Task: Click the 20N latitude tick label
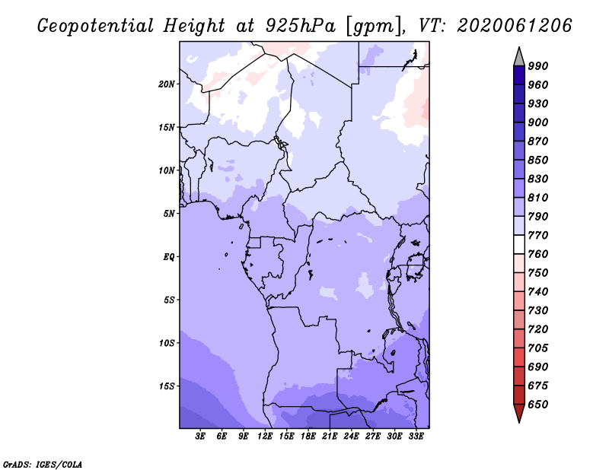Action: pyautogui.click(x=167, y=84)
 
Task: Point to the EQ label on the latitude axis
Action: pyautogui.click(x=169, y=257)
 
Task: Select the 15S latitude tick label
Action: pyautogui.click(x=167, y=386)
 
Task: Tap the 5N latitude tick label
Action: pyautogui.click(x=169, y=214)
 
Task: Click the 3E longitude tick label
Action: pyautogui.click(x=200, y=437)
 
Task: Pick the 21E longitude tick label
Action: pyautogui.click(x=330, y=437)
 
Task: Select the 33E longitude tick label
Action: pyautogui.click(x=416, y=437)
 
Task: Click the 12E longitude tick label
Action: pyautogui.click(x=264, y=437)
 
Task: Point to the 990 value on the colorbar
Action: pyautogui.click(x=538, y=66)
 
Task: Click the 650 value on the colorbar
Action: pyautogui.click(x=538, y=405)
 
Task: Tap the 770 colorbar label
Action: pyautogui.click(x=538, y=235)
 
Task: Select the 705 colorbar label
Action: pyautogui.click(x=538, y=348)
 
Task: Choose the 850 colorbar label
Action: pyautogui.click(x=538, y=160)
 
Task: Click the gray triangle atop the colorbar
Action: pyautogui.click(x=519, y=57)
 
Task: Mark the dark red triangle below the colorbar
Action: pyautogui.click(x=519, y=413)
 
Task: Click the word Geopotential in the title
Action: pyautogui.click(x=95, y=27)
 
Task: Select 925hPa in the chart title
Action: pyautogui.click(x=301, y=26)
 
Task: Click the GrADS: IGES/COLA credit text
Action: pyautogui.click(x=43, y=465)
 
